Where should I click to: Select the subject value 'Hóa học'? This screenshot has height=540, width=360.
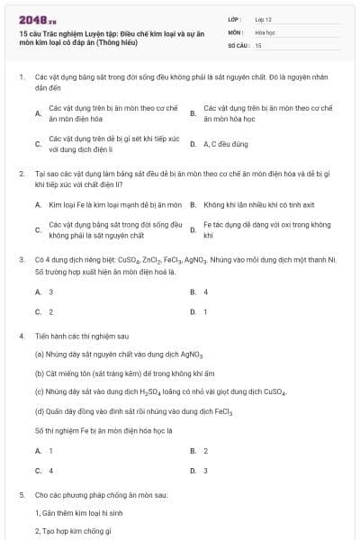tap(265, 31)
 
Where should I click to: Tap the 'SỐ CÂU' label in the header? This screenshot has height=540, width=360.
tap(237, 44)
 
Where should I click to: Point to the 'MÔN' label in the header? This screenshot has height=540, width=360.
tap(235, 31)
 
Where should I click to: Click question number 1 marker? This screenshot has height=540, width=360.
tap(21, 77)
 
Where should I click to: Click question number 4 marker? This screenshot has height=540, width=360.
tap(21, 336)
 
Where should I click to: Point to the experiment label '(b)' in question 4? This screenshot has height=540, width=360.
tap(40, 373)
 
